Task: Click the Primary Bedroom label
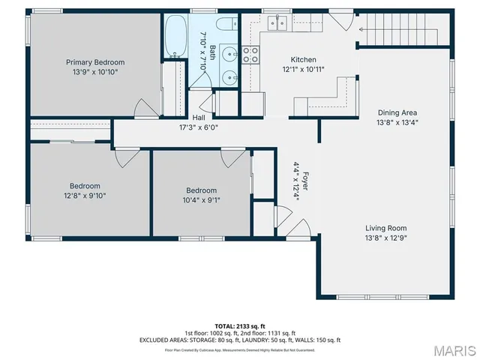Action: (x=94, y=62)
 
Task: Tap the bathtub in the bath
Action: (x=176, y=37)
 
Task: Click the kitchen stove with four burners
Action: (x=250, y=54)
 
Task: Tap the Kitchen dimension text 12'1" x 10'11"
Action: (x=304, y=70)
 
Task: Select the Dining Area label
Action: (x=397, y=112)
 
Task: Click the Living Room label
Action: (x=386, y=229)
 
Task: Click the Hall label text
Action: (x=198, y=118)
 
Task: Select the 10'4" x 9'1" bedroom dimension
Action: (x=202, y=200)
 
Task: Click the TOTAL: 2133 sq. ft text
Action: (x=240, y=325)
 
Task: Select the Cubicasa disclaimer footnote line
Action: (x=240, y=349)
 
